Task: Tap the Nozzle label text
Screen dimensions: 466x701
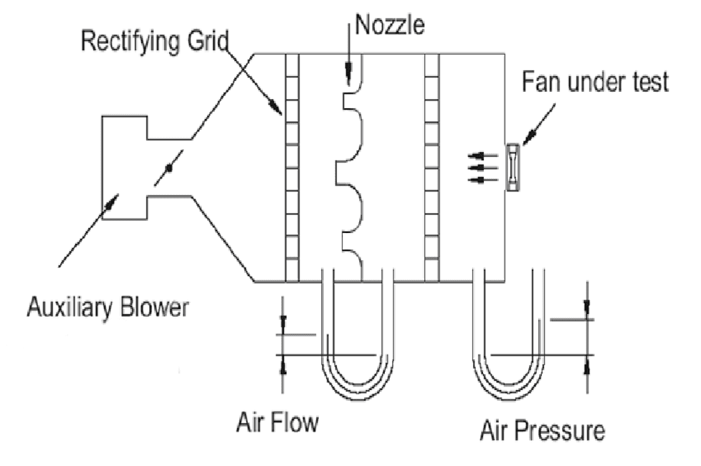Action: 390,26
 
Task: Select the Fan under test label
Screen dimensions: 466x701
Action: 594,82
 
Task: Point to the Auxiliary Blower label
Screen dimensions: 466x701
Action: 108,309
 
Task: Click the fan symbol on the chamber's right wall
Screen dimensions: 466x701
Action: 512,167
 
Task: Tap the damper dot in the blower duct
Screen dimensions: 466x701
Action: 169,168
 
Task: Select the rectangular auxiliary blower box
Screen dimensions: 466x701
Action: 125,166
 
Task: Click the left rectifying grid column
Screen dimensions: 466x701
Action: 292,166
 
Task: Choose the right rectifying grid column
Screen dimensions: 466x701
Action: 431,166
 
